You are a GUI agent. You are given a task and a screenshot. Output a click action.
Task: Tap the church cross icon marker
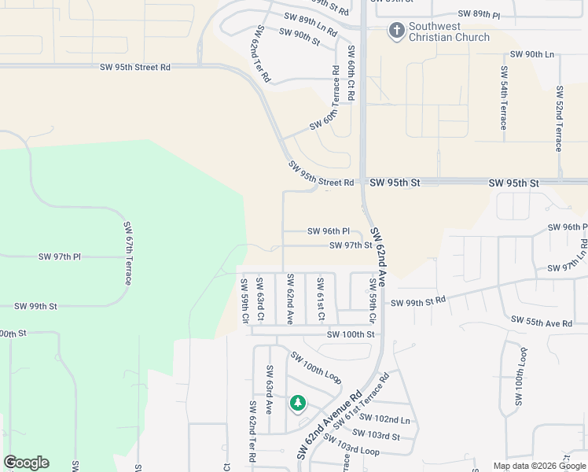[396, 31]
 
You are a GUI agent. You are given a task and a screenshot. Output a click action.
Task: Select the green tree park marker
[297, 404]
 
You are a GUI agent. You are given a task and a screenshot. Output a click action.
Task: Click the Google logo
[26, 463]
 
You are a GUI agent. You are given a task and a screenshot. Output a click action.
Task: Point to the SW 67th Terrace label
[127, 253]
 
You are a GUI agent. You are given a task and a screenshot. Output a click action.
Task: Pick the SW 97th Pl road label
[60, 257]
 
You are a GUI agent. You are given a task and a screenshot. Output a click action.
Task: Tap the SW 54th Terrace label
[503, 98]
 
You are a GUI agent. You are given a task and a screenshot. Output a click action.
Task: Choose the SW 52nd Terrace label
[559, 119]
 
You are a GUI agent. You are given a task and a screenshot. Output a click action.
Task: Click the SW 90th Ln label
[532, 53]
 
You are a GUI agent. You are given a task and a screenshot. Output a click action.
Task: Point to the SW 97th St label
[351, 245]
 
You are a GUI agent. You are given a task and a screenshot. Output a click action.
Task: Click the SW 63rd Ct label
[260, 300]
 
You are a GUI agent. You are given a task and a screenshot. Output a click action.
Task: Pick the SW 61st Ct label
[320, 300]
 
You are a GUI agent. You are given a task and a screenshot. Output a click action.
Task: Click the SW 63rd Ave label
[270, 390]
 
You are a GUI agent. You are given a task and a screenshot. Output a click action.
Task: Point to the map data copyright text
[540, 466]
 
